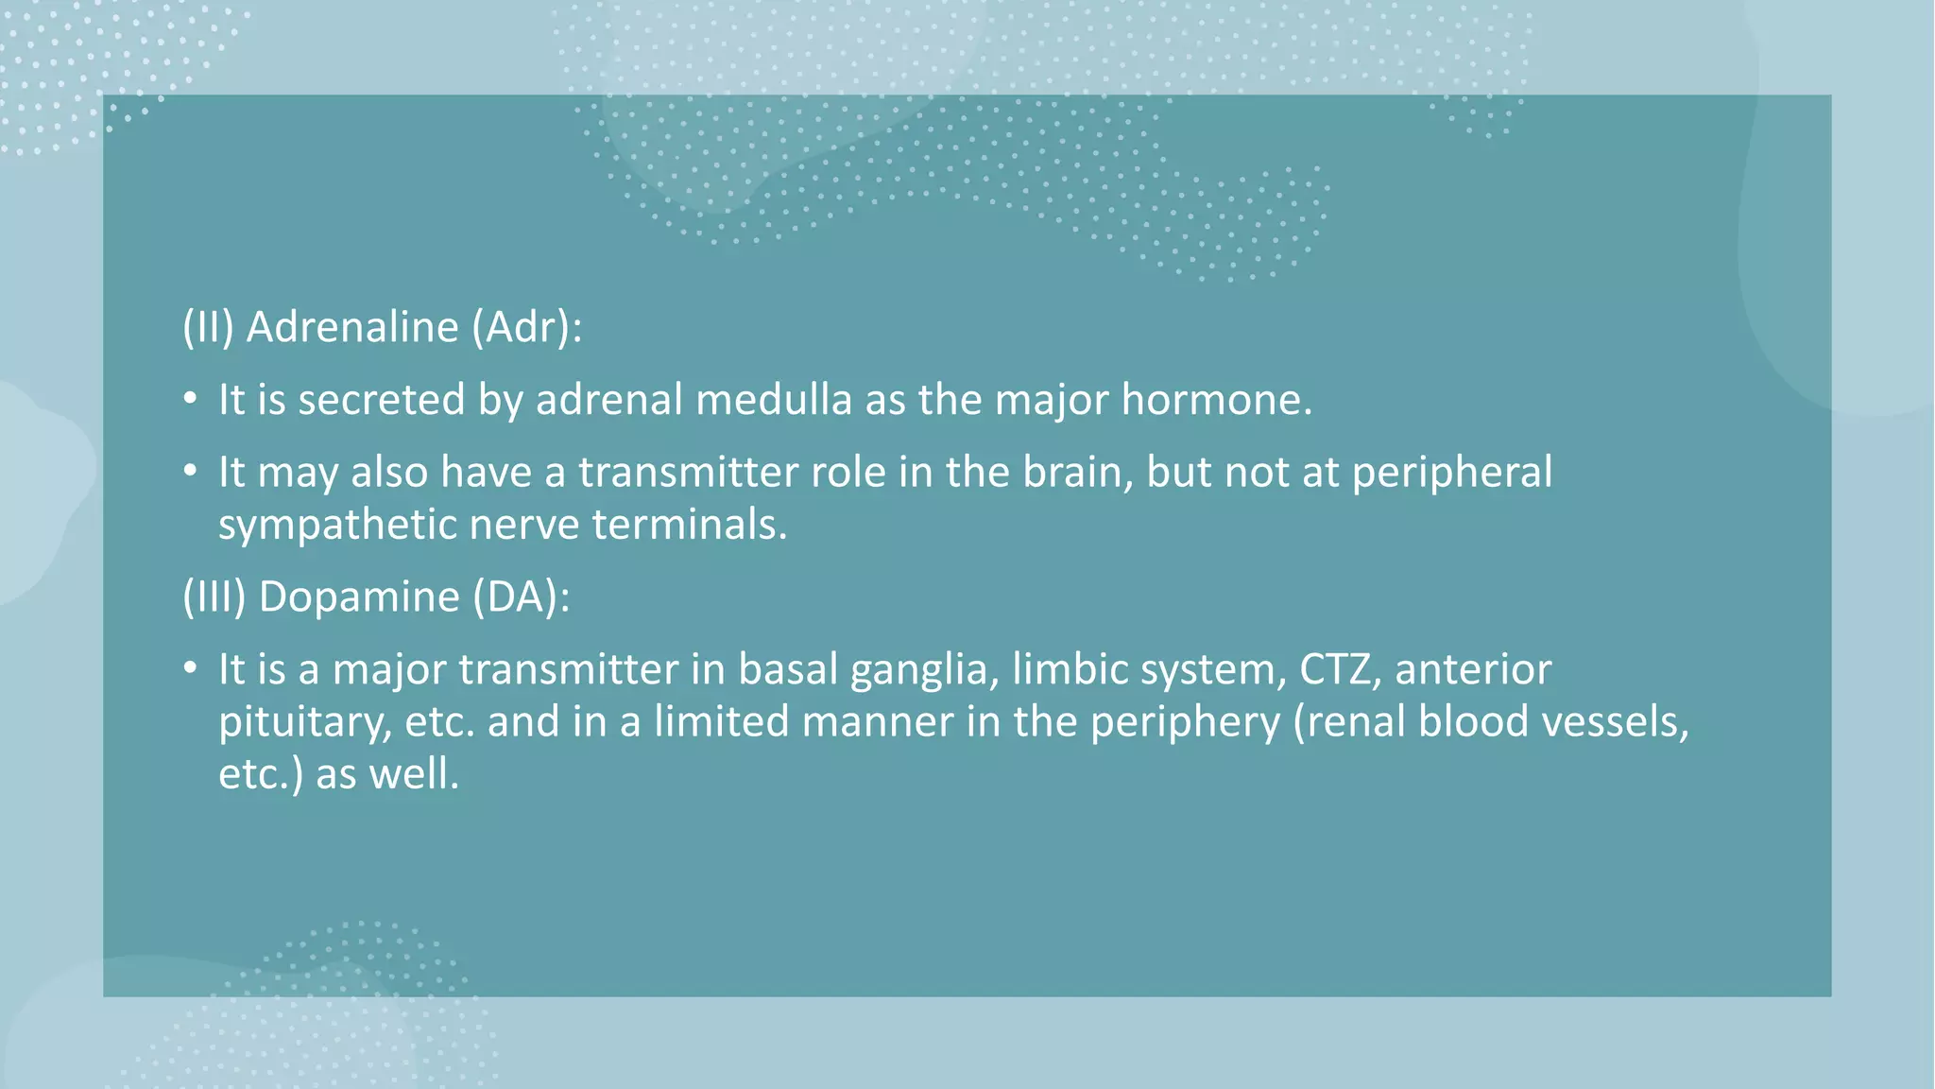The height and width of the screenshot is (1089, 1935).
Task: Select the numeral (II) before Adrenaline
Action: pyautogui.click(x=208, y=327)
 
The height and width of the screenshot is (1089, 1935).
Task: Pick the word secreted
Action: pyautogui.click(x=382, y=400)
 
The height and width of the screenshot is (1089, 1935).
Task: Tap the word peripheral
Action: pyautogui.click(x=1451, y=472)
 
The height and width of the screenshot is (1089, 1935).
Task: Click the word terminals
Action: pyautogui.click(x=689, y=525)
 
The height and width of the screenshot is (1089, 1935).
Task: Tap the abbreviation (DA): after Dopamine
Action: pyautogui.click(x=522, y=596)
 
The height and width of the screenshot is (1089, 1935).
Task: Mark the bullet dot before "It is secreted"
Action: pyautogui.click(x=190, y=400)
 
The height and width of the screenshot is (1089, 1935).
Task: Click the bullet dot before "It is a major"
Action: pyautogui.click(x=190, y=669)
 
